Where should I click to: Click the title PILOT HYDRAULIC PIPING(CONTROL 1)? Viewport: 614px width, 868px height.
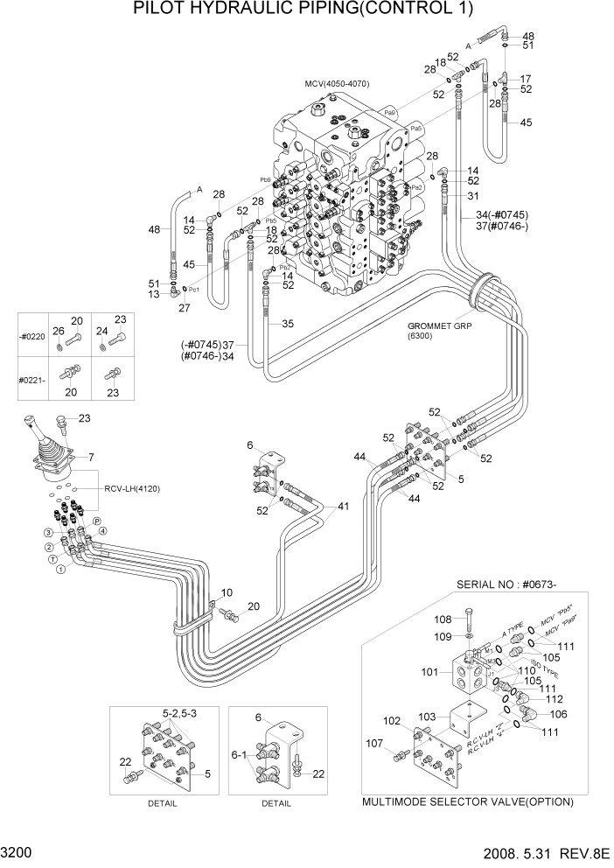pyautogui.click(x=304, y=10)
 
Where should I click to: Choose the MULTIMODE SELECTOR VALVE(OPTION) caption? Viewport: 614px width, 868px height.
pyautogui.click(x=467, y=801)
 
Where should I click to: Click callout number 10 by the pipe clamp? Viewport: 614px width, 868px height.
pyautogui.click(x=226, y=593)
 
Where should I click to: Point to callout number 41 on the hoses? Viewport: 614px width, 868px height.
pyautogui.click(x=343, y=507)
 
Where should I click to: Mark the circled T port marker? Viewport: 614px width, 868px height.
pyautogui.click(x=52, y=557)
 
